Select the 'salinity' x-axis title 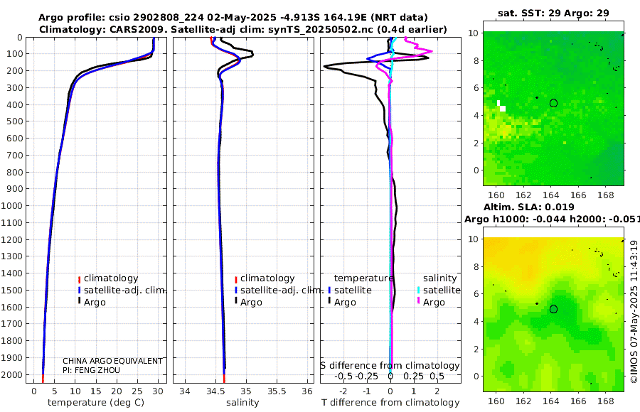(x=242, y=403)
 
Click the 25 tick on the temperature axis (x=137, y=391)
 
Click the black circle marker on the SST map (x=553, y=103)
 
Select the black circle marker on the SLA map (x=553, y=309)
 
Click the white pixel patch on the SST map (x=501, y=107)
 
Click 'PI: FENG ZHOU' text (x=92, y=370)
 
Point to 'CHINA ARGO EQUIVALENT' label (x=112, y=361)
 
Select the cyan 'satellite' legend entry (x=441, y=291)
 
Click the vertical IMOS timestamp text (x=634, y=313)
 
